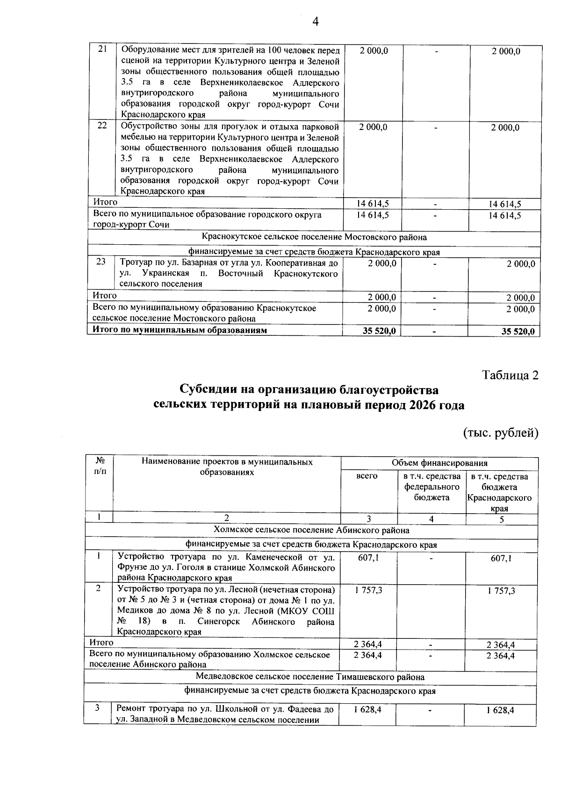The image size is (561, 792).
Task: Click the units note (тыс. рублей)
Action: click(x=501, y=433)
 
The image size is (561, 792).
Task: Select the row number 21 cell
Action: click(x=102, y=49)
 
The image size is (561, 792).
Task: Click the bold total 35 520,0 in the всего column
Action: click(x=380, y=331)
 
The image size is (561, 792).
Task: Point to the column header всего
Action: click(x=367, y=476)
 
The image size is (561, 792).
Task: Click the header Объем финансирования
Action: click(x=439, y=463)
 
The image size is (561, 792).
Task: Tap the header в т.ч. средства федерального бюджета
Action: click(x=431, y=487)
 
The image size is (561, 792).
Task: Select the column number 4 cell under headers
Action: click(x=431, y=518)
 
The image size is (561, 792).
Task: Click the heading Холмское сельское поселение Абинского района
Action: click(x=311, y=530)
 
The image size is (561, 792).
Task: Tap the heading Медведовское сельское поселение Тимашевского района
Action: click(x=310, y=677)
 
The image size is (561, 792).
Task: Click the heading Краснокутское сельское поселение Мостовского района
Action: click(x=314, y=237)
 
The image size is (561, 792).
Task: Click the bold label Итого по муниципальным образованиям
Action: click(x=180, y=330)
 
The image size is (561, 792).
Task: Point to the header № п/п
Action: click(x=100, y=467)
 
